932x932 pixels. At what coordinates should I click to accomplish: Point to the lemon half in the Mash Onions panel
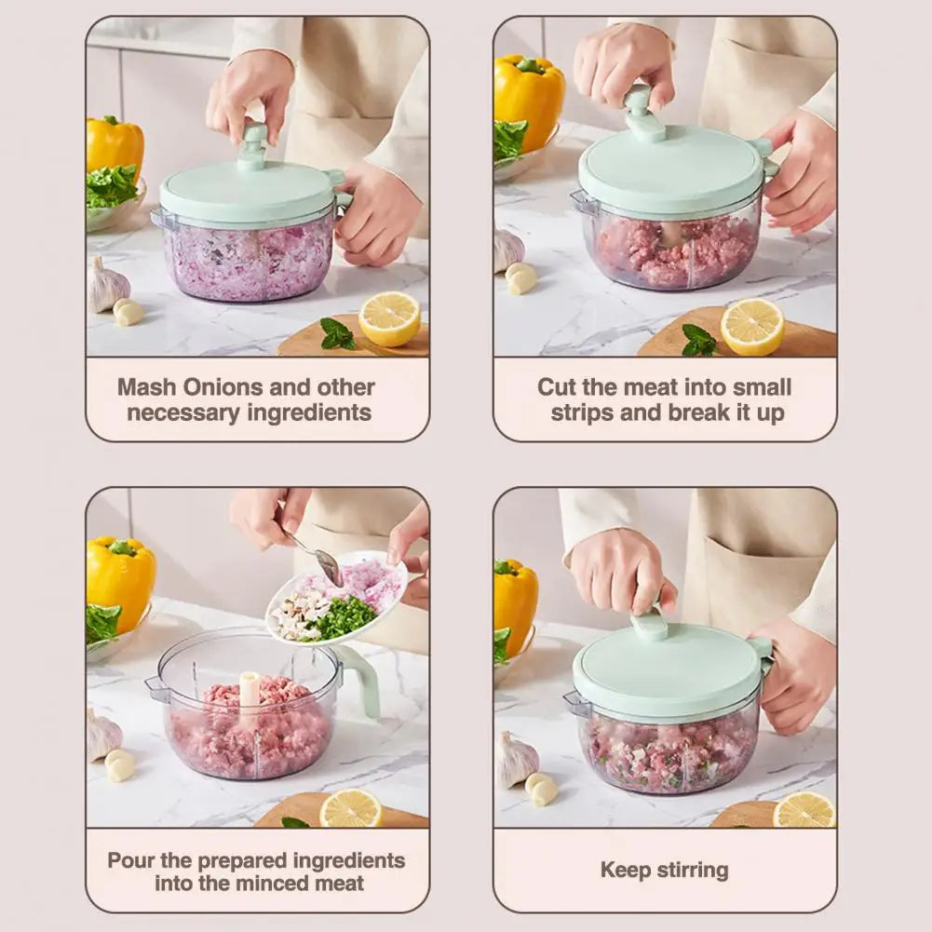(389, 318)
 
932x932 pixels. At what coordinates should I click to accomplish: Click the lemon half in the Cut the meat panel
(751, 327)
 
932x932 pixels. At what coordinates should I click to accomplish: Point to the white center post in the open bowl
(250, 696)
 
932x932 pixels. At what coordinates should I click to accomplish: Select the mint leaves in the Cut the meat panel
(697, 341)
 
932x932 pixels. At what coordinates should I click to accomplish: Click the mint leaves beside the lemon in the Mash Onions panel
(337, 334)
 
